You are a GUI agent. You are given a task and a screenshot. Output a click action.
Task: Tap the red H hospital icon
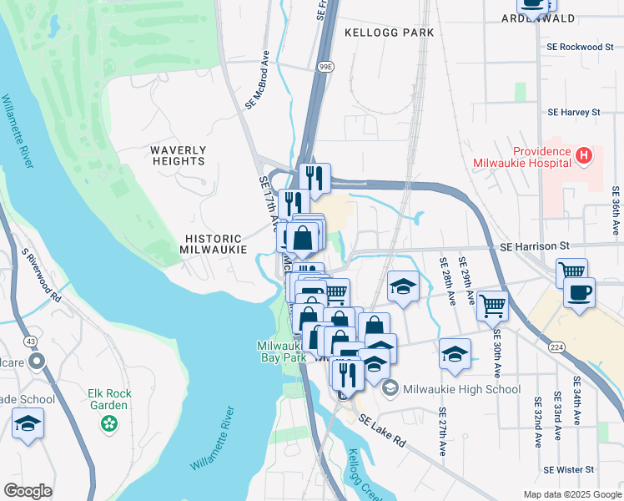click(x=584, y=154)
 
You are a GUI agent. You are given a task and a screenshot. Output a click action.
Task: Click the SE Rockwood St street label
click(x=580, y=48)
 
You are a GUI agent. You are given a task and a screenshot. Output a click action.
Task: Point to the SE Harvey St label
click(x=573, y=112)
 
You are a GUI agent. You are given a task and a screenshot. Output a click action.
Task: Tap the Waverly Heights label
click(x=178, y=155)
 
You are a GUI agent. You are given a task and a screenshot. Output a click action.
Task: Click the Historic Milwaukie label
click(x=214, y=244)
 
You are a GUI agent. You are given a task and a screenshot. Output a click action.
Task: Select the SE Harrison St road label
click(x=534, y=246)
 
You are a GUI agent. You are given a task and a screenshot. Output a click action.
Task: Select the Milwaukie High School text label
click(x=461, y=389)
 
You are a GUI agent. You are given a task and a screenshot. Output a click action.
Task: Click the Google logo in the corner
click(x=28, y=491)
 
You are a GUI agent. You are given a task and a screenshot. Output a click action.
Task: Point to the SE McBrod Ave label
click(x=259, y=87)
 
